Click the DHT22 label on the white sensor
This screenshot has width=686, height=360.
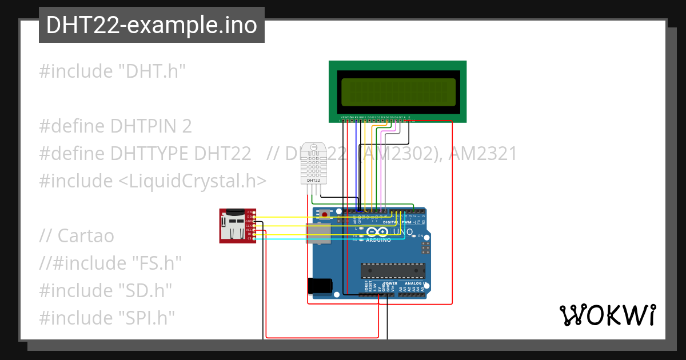click(313, 181)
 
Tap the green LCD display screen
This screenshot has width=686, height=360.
click(398, 91)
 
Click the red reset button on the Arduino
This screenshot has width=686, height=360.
click(325, 215)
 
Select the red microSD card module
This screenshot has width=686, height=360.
click(237, 226)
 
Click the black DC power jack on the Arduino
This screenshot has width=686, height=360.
click(320, 286)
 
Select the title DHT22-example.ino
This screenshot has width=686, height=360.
click(151, 25)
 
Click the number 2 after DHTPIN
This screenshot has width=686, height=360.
click(186, 126)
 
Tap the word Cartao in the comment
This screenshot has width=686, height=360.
click(86, 235)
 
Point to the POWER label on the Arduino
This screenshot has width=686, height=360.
click(390, 283)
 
